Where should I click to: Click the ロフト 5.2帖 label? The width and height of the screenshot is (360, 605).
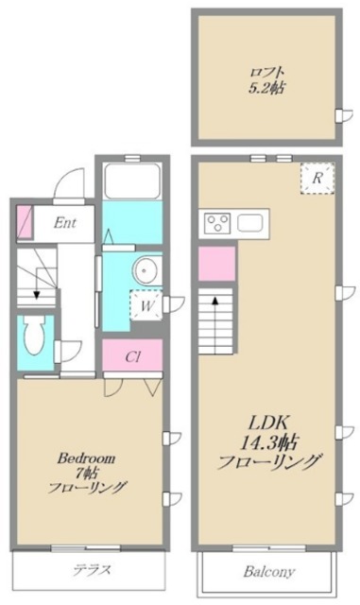266,78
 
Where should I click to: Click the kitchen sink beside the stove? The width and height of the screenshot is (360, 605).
250,223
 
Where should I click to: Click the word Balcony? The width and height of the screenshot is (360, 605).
270,572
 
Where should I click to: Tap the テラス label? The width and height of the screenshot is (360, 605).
92,570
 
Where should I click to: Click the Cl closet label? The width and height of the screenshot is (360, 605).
133,358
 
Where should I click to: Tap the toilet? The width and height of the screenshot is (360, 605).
34,334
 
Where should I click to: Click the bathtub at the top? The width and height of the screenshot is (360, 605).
131,181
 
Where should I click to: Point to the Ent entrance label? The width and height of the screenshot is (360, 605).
65,223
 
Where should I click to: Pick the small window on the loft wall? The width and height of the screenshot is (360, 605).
340,115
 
